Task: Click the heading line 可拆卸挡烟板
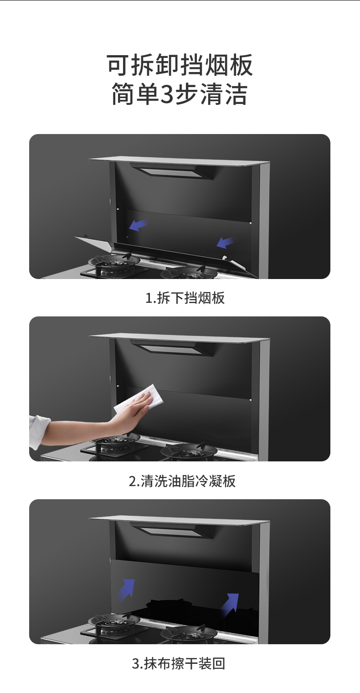coord(180,65)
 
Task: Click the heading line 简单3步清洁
coord(180,93)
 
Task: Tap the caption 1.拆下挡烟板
coord(185,298)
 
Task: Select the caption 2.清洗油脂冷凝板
coord(182,481)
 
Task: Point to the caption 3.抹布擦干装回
coord(179,663)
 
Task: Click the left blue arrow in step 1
coord(139,225)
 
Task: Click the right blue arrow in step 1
coord(225,243)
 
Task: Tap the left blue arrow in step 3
coord(127,590)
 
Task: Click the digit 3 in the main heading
coord(167,94)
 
